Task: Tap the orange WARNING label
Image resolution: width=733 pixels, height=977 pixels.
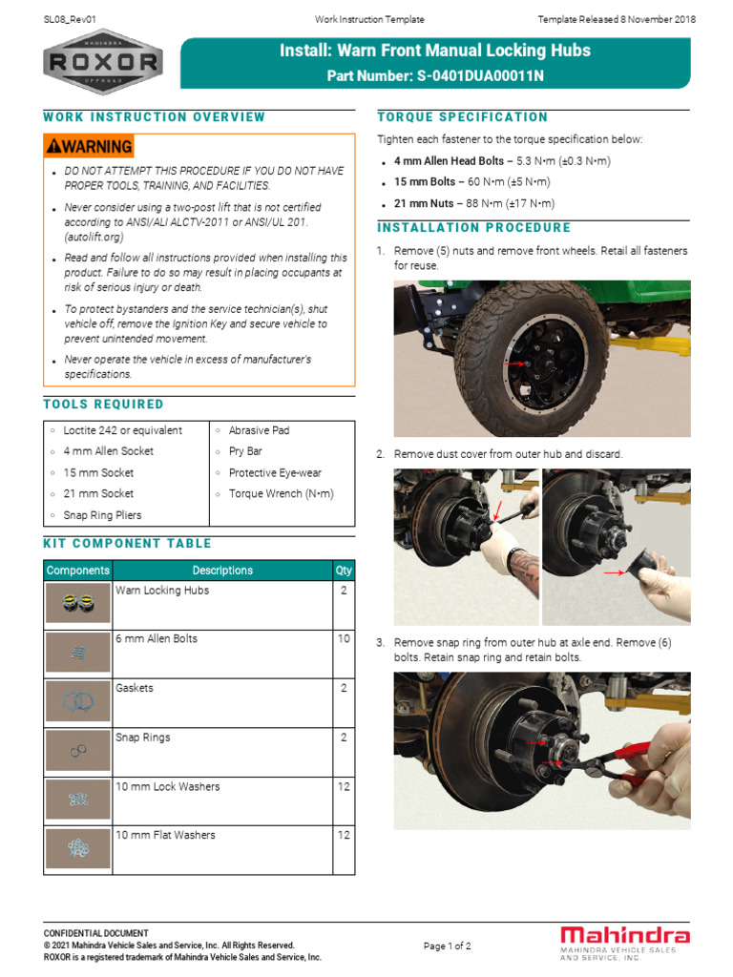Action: pyautogui.click(x=89, y=146)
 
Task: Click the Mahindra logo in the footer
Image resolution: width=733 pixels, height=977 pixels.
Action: pyautogui.click(x=625, y=940)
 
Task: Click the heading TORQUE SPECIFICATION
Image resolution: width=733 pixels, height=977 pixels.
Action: pyautogui.click(x=463, y=117)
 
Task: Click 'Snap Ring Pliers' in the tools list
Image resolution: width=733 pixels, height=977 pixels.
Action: pyautogui.click(x=102, y=515)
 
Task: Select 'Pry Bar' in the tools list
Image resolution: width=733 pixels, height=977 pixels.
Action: pyautogui.click(x=244, y=451)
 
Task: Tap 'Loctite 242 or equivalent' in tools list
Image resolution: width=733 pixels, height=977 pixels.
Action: pyautogui.click(x=122, y=430)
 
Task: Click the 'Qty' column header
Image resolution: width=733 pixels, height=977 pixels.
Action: pyautogui.click(x=343, y=571)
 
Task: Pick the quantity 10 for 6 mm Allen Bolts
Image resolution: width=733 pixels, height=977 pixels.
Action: pyautogui.click(x=343, y=638)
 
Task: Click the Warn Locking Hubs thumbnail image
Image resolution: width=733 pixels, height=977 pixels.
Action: pyautogui.click(x=77, y=603)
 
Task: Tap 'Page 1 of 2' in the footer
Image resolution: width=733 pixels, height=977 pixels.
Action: pyautogui.click(x=447, y=946)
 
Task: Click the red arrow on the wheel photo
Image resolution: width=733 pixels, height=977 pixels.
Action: pyautogui.click(x=514, y=364)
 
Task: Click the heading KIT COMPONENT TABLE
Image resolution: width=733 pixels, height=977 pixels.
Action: pyautogui.click(x=127, y=544)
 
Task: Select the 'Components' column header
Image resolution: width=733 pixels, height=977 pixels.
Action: pyautogui.click(x=77, y=571)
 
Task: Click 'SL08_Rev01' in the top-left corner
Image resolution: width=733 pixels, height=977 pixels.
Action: pyautogui.click(x=71, y=19)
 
